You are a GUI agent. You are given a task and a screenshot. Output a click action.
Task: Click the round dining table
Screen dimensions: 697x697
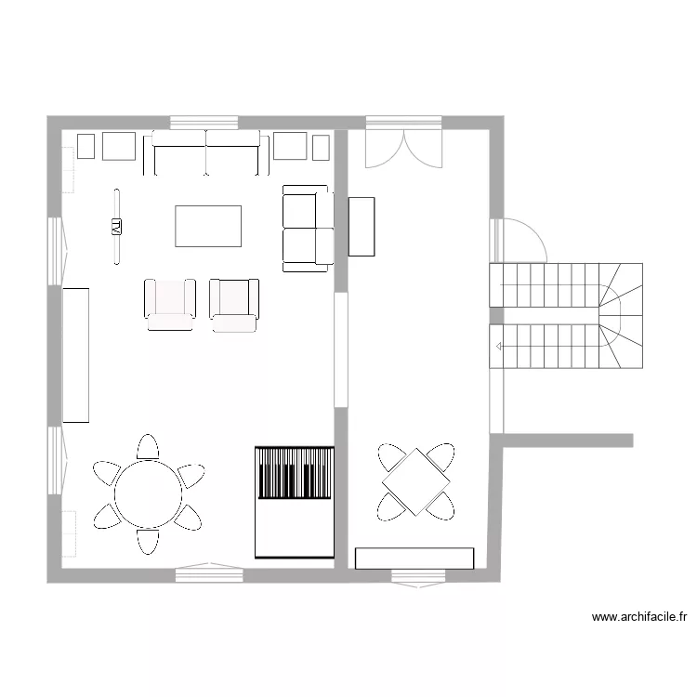(148, 494)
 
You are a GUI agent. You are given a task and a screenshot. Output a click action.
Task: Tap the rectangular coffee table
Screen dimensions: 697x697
(209, 226)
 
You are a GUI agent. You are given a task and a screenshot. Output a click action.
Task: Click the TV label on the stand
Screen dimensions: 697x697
(117, 225)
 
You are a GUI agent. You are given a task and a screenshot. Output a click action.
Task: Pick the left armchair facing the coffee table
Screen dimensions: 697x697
(170, 304)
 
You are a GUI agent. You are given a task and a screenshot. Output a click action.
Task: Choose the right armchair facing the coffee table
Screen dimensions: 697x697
(234, 304)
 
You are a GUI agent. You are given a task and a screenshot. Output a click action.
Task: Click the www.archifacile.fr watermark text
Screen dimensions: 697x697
(638, 616)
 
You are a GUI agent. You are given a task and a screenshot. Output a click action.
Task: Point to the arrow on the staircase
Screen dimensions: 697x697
(501, 347)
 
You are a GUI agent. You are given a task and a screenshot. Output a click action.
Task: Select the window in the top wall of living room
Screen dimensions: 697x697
(204, 122)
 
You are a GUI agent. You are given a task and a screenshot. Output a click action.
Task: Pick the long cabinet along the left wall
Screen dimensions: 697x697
(75, 355)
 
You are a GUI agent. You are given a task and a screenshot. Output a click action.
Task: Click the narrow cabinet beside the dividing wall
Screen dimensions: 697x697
(361, 226)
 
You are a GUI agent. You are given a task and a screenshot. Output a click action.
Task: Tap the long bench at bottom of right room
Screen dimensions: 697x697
(414, 557)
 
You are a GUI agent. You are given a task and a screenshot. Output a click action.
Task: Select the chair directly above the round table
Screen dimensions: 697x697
(148, 447)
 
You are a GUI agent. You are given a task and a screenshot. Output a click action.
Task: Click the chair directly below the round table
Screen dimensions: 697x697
(148, 542)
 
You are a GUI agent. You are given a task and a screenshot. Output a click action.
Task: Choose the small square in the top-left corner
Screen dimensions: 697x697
(86, 146)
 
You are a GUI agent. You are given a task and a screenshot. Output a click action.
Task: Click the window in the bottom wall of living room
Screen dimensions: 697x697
(209, 575)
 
